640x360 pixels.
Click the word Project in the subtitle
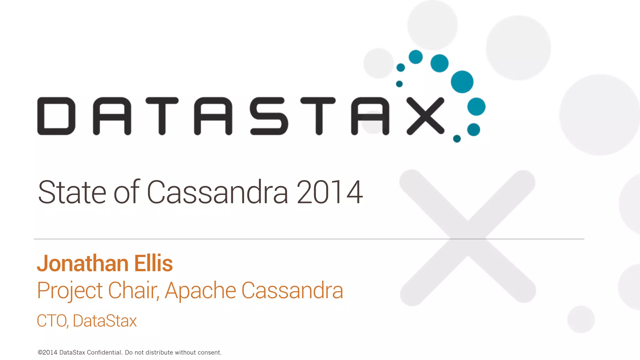70,291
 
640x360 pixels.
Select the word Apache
200,291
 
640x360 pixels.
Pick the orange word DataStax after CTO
105,321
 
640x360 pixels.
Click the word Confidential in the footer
104,352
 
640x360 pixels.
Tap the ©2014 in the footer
47,352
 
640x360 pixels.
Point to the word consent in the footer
210,352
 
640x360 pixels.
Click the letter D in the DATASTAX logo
57,116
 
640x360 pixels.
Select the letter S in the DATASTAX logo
269,116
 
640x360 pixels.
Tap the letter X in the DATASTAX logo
425,116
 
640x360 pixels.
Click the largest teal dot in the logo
462,82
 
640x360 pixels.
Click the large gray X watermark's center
467,238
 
